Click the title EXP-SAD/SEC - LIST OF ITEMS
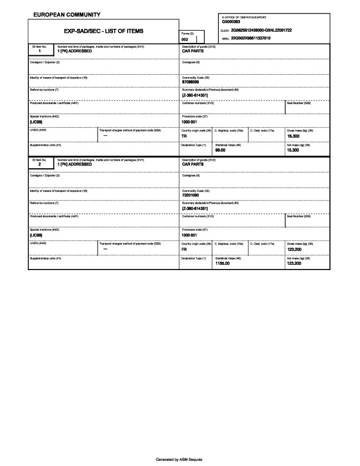coord(103,31)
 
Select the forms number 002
coord(185,39)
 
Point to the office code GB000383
coord(231,22)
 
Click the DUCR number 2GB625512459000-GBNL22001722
coord(262,30)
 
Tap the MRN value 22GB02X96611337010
coord(251,38)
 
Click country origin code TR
coord(184,135)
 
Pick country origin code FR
coord(184,249)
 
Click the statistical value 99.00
coord(221,150)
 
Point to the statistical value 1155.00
coord(222,264)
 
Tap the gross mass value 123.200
coord(294,249)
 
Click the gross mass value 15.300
coord(293,135)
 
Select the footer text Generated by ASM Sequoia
coord(179,459)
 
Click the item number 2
coord(39,165)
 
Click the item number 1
coord(39,51)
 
